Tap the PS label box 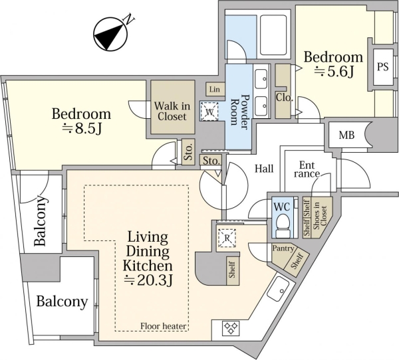[x=383, y=67]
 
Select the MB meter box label [x=346, y=135]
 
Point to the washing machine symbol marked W [x=209, y=112]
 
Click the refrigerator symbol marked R [x=227, y=238]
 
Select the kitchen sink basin [x=278, y=289]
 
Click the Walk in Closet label [x=172, y=111]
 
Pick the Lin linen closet [x=215, y=90]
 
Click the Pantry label [x=283, y=248]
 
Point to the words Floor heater [x=164, y=326]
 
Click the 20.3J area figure [x=148, y=280]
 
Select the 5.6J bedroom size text [x=334, y=72]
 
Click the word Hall [x=264, y=169]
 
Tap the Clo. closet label [x=284, y=98]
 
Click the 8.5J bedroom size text [x=82, y=129]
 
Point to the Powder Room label [x=239, y=110]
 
